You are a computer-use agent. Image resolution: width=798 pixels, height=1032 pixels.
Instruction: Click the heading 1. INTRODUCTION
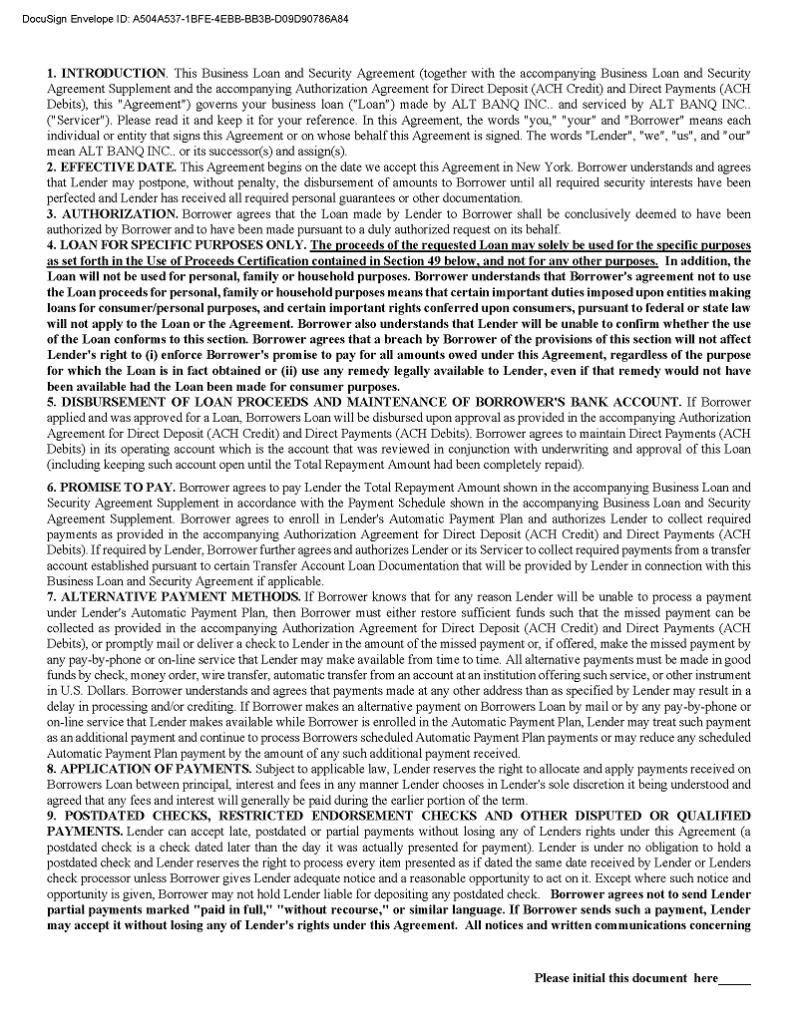[107, 74]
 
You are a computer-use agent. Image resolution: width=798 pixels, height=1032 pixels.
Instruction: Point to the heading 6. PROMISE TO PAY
[111, 489]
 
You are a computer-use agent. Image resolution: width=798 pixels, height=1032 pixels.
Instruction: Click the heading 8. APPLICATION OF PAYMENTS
[149, 769]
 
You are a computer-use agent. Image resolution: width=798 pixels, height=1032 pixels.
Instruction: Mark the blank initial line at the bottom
[735, 979]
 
